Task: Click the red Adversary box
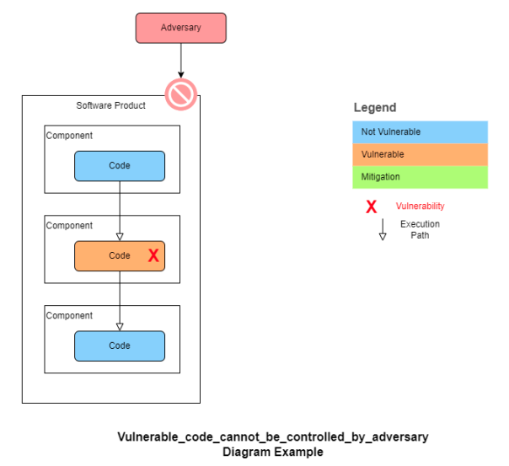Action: pyautogui.click(x=180, y=28)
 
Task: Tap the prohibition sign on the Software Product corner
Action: pyautogui.click(x=181, y=95)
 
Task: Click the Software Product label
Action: pyautogui.click(x=110, y=105)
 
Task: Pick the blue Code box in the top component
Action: pyautogui.click(x=120, y=166)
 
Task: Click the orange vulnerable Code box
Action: pyautogui.click(x=120, y=255)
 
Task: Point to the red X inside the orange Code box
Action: pyautogui.click(x=153, y=255)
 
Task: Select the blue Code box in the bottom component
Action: pyautogui.click(x=120, y=345)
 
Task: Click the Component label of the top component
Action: pyautogui.click(x=69, y=136)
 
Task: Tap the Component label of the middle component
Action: pyautogui.click(x=69, y=226)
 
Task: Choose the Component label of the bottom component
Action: pyautogui.click(x=69, y=316)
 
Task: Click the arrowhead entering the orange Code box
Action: pyautogui.click(x=120, y=236)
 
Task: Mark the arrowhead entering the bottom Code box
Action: pyautogui.click(x=120, y=326)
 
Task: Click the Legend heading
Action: pyautogui.click(x=375, y=108)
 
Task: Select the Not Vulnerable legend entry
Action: pyautogui.click(x=420, y=132)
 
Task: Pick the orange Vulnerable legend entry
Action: pyautogui.click(x=420, y=155)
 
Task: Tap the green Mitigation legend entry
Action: pyautogui.click(x=420, y=177)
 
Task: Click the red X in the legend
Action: pyautogui.click(x=371, y=206)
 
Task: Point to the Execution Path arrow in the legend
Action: pyautogui.click(x=383, y=229)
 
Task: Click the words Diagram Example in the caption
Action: pyautogui.click(x=272, y=452)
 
